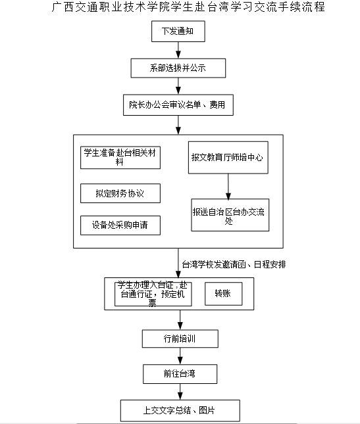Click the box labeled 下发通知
[x=178, y=32]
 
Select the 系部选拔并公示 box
[x=178, y=68]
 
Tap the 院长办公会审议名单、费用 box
[x=178, y=105]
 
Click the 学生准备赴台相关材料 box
[x=120, y=158]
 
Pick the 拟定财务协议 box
[x=120, y=193]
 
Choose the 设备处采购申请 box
[x=120, y=225]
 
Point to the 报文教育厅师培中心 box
[x=228, y=157]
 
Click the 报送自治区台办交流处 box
[x=230, y=215]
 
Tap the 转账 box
[x=223, y=294]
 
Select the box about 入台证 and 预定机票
[x=153, y=294]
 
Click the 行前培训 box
[x=180, y=339]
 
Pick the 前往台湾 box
[x=180, y=374]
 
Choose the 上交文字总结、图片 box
[x=180, y=410]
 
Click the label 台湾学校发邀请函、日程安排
[x=234, y=264]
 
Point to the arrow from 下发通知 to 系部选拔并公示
[x=178, y=51]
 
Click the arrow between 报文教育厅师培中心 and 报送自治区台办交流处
[x=228, y=186]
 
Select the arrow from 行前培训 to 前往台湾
[x=180, y=356]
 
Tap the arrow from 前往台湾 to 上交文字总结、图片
[x=180, y=392]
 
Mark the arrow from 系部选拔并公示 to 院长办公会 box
[x=178, y=86]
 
